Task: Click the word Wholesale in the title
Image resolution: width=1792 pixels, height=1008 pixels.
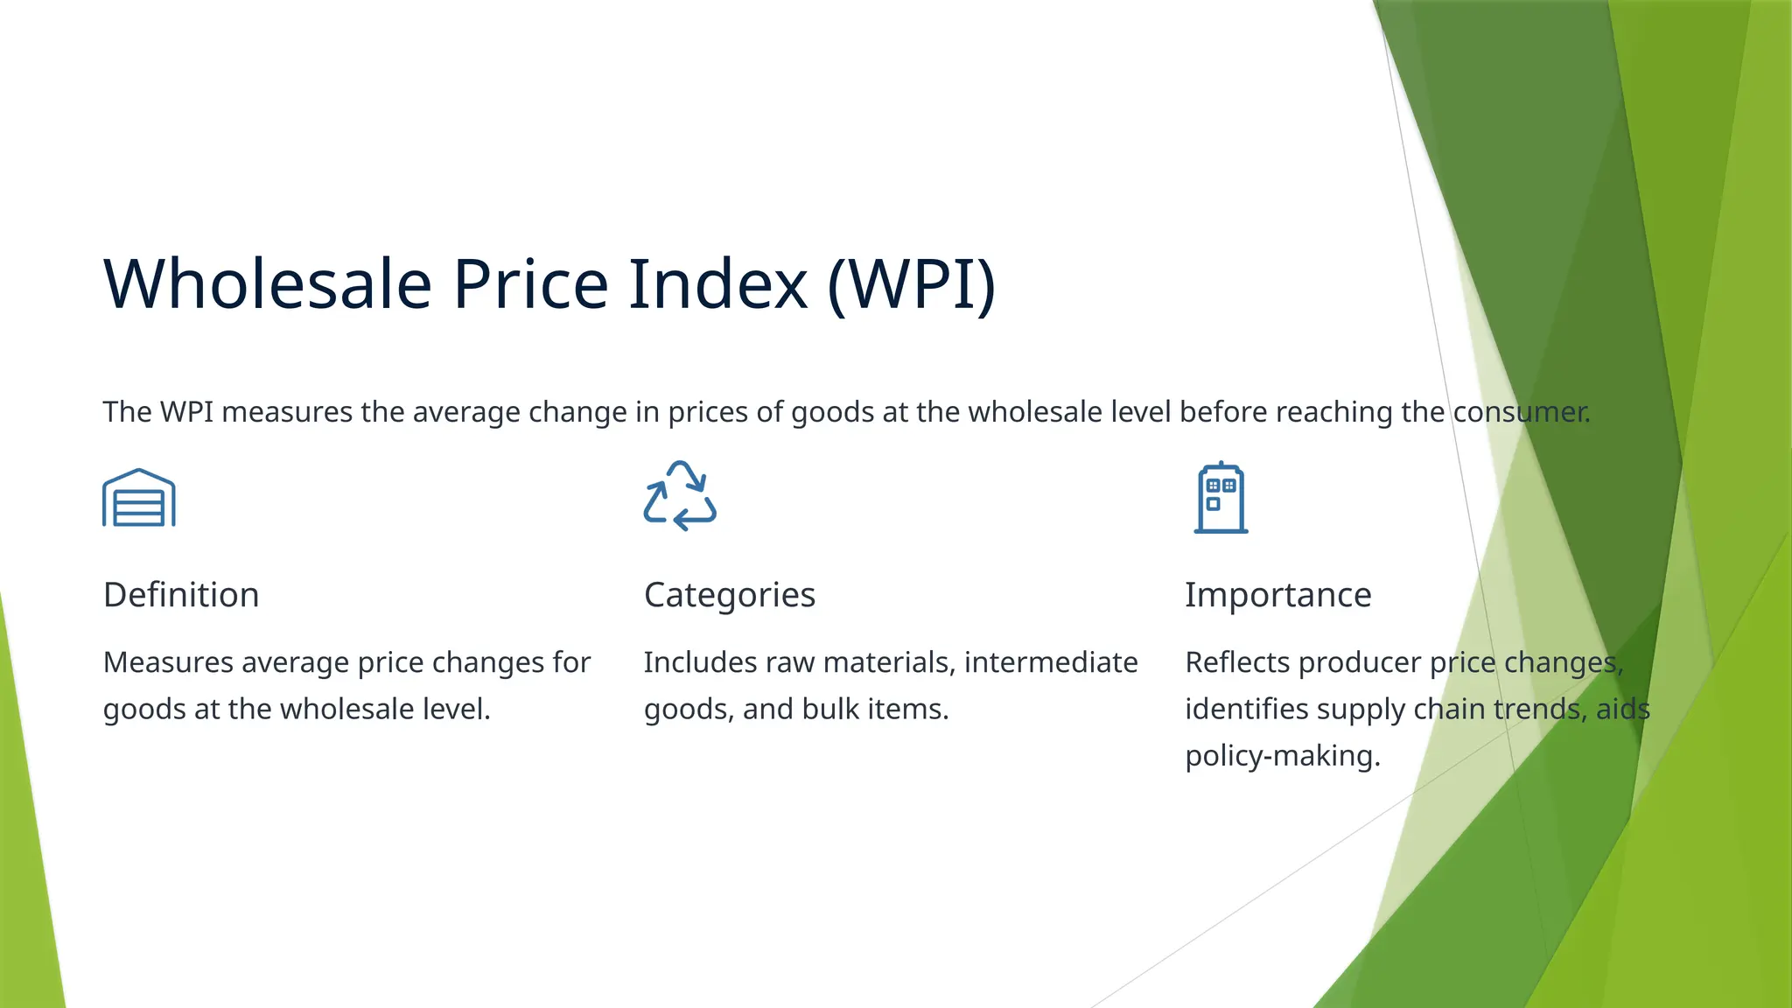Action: tap(268, 284)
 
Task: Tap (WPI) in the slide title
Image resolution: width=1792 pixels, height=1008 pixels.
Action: tap(911, 284)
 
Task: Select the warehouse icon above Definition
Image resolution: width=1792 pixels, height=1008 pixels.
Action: tap(139, 498)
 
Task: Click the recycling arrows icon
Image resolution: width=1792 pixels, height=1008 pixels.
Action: tap(680, 496)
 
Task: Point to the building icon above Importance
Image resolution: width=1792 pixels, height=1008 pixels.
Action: tap(1221, 498)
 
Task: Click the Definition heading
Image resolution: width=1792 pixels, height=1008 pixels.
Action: tap(181, 595)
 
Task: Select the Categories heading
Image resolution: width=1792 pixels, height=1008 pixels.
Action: tap(729, 595)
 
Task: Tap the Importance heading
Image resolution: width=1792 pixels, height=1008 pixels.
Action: tap(1277, 595)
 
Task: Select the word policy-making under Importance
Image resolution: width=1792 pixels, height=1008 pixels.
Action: tap(1282, 755)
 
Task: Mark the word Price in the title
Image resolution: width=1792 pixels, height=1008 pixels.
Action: tap(530, 284)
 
